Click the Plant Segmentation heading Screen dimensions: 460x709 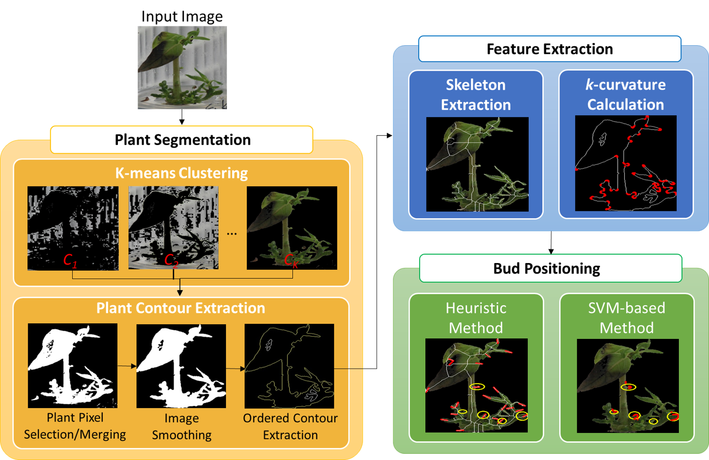(x=182, y=140)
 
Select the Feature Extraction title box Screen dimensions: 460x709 (x=550, y=49)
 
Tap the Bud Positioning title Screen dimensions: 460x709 (x=546, y=268)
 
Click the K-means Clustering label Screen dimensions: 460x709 (x=181, y=173)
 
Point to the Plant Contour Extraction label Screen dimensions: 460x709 (x=181, y=308)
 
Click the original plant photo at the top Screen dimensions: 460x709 (x=182, y=68)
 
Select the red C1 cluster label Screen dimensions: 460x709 (x=70, y=261)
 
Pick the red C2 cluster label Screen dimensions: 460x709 (x=172, y=261)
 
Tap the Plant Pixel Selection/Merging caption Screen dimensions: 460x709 (x=75, y=426)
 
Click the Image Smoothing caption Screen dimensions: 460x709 (x=181, y=426)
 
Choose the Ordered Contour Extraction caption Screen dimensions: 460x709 (x=290, y=426)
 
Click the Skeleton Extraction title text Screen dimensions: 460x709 (x=476, y=95)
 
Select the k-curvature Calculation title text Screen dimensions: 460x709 (x=625, y=95)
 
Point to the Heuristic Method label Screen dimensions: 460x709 (x=476, y=318)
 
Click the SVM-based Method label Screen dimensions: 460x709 (x=626, y=318)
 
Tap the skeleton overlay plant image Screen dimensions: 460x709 (x=477, y=164)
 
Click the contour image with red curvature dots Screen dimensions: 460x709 (x=625, y=163)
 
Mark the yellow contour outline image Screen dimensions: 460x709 (x=289, y=366)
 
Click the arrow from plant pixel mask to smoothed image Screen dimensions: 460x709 (x=127, y=366)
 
